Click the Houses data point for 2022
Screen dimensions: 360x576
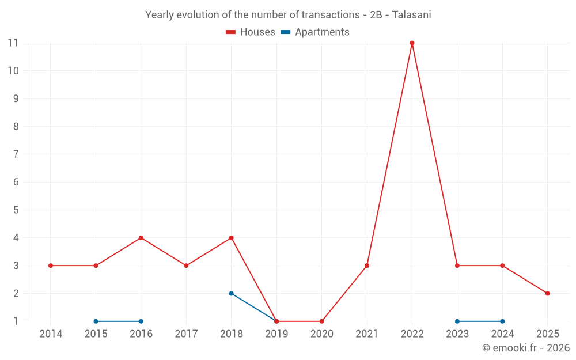412,43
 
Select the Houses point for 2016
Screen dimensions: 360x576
141,238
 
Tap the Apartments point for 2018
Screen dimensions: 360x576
232,293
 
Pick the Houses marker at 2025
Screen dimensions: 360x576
548,293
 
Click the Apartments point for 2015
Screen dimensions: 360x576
96,321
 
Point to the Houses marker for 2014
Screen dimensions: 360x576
51,266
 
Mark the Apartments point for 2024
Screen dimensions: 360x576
502,321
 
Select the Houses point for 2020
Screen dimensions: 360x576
321,321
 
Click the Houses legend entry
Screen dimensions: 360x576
251,32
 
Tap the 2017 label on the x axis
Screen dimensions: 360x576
186,334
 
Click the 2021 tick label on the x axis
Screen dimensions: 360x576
367,334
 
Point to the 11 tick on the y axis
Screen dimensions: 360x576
13,43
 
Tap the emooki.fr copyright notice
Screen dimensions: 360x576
525,348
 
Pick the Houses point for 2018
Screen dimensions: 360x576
232,238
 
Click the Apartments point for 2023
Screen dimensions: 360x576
457,321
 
